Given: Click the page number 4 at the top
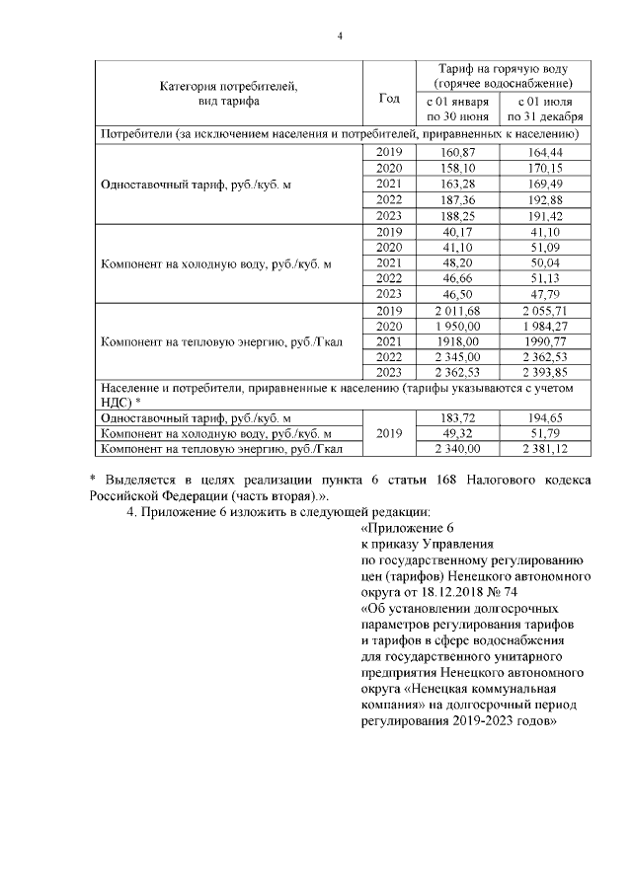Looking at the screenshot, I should [340, 37].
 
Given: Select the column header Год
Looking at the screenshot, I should [389, 97].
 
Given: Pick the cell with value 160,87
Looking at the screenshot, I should [456, 152].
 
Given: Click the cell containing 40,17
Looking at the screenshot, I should [456, 232].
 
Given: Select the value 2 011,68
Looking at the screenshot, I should [456, 311].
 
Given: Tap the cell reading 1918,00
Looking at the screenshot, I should [456, 342].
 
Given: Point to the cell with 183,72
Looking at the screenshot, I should [456, 418].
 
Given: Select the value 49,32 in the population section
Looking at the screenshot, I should [456, 434].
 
